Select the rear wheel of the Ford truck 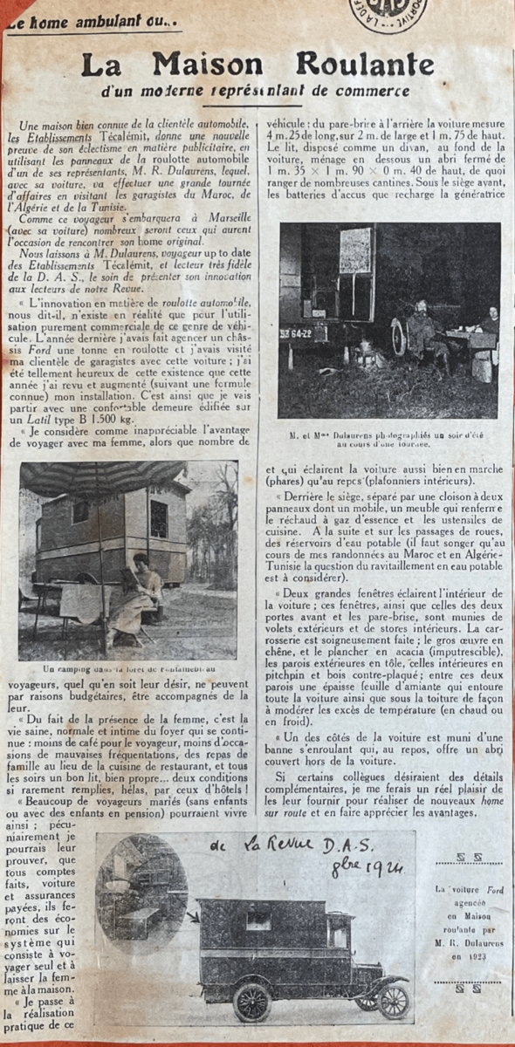[252, 1003]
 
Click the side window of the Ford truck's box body [257, 920]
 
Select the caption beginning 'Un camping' [127, 667]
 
